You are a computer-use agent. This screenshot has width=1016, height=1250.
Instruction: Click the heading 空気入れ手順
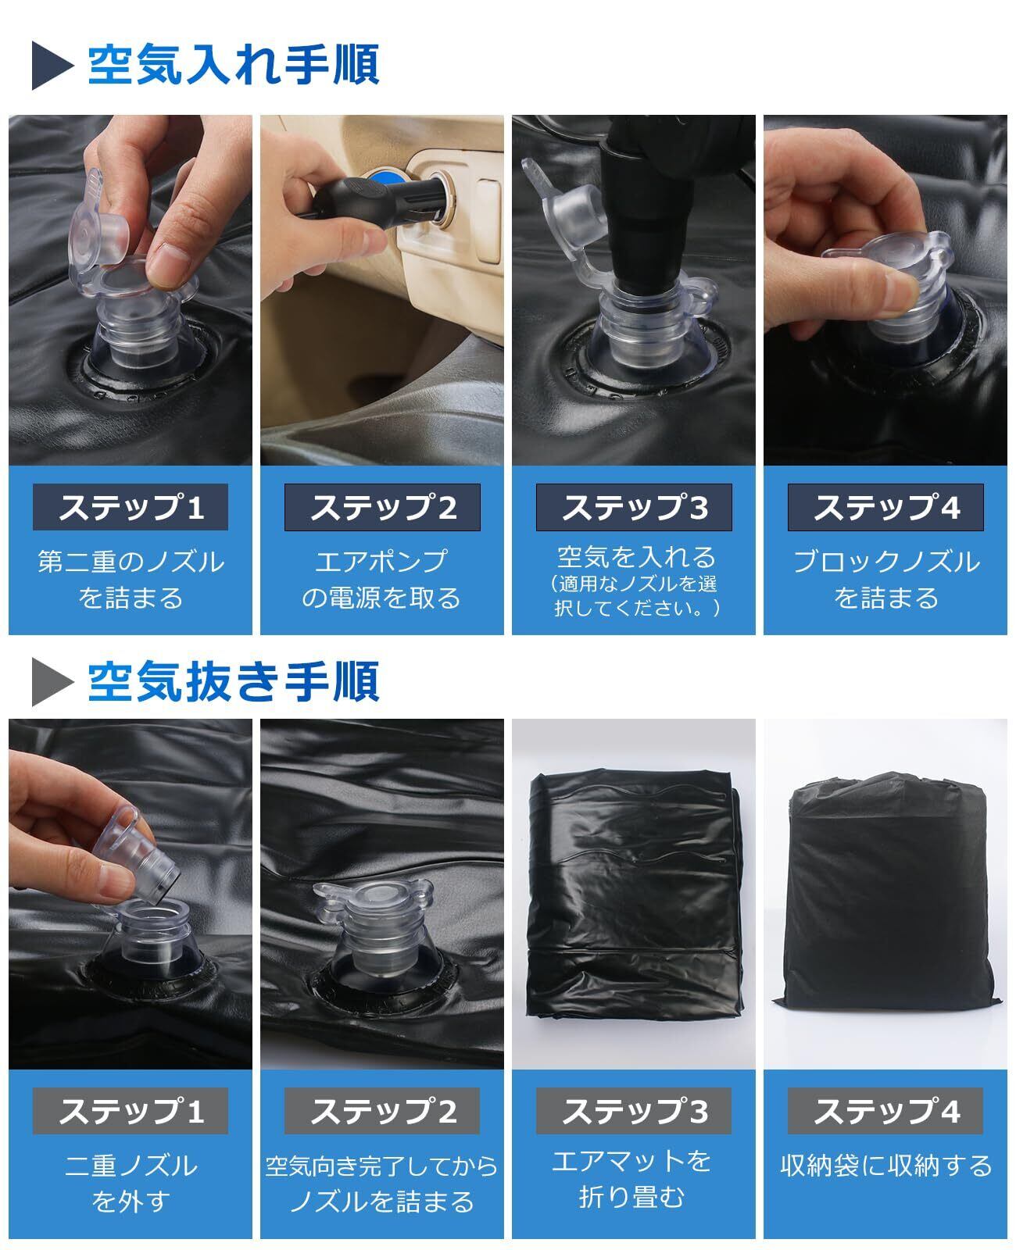point(234,64)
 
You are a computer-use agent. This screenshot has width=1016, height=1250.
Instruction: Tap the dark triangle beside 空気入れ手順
point(52,65)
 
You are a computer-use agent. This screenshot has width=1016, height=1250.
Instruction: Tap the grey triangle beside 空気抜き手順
point(52,682)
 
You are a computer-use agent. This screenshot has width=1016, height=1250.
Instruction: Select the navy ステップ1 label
point(131,507)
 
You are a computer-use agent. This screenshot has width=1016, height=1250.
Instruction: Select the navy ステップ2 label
point(382,507)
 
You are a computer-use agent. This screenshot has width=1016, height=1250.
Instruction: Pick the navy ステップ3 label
point(634,507)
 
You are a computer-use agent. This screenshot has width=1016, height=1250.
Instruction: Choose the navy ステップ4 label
point(885,507)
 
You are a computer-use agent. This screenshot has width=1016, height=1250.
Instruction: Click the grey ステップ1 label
point(131,1111)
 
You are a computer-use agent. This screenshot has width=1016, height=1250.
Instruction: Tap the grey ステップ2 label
point(382,1111)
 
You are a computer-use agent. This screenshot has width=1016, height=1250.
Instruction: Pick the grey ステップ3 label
point(634,1111)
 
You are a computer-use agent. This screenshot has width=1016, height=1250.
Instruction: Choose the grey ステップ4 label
point(885,1111)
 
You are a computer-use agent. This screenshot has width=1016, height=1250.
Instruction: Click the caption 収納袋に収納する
point(885,1166)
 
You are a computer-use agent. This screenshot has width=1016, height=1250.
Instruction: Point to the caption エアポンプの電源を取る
point(381,579)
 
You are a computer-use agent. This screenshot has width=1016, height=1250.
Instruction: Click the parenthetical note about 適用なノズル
point(634,595)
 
